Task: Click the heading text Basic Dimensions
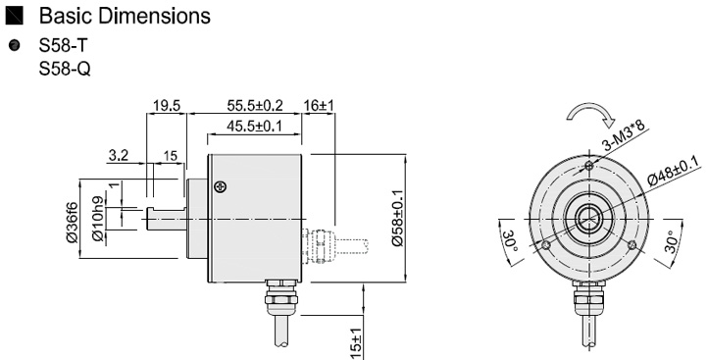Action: coord(125,16)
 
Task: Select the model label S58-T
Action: coord(63,45)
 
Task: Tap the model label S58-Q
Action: coord(65,69)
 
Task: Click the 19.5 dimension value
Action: coord(167,106)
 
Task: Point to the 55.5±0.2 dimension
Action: coord(255,106)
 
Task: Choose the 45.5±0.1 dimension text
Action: coord(254,127)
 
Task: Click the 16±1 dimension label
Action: coord(319,106)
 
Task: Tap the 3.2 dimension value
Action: coord(119,156)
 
